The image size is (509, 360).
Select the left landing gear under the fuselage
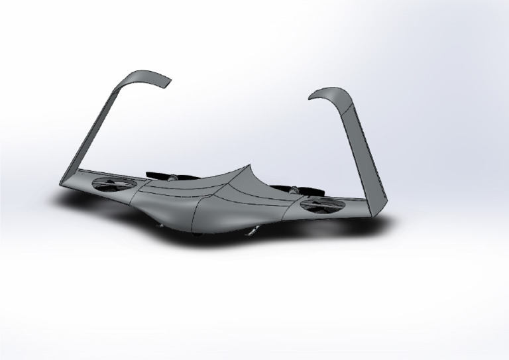159,225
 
